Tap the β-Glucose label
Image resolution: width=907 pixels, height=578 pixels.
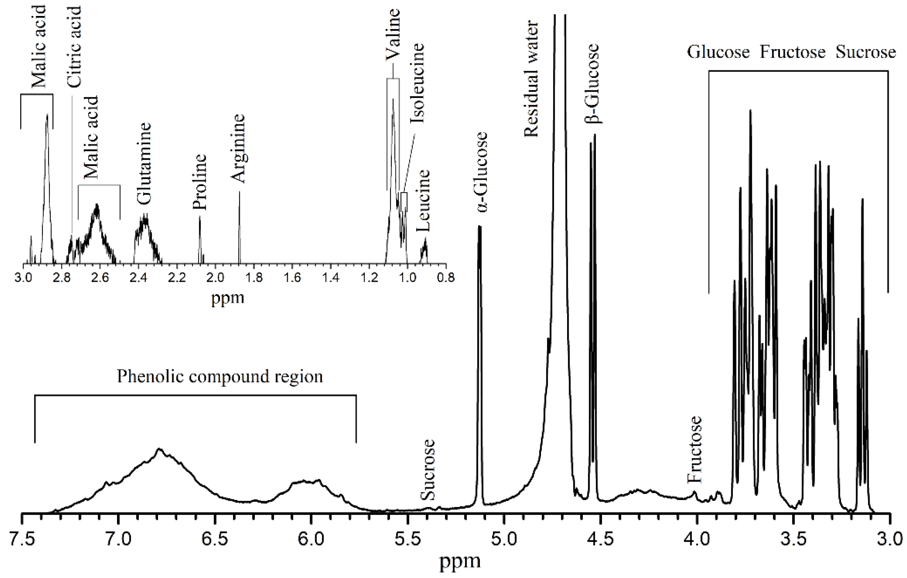coord(591,83)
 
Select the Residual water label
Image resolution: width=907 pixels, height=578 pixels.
coord(531,79)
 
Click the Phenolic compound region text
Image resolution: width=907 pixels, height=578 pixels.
coord(220,377)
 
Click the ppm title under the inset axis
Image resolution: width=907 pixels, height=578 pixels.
coord(228,298)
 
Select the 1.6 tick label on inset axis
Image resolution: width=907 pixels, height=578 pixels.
coord(292,278)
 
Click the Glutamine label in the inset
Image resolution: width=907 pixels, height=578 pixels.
coord(144,164)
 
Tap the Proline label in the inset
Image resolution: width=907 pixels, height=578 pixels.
coord(199,182)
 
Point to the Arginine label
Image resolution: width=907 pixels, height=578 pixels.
coord(238,149)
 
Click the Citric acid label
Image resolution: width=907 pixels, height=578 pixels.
coord(74,46)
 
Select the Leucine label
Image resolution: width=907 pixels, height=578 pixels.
coord(423,200)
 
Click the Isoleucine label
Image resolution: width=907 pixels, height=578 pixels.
coord(417,83)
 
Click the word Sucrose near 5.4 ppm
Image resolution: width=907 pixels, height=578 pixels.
coord(428,470)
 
